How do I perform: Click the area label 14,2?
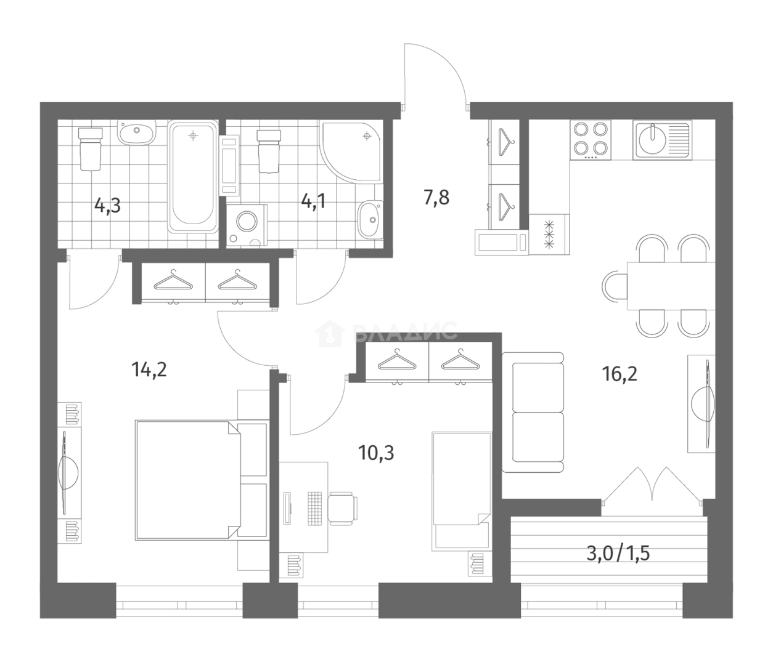(149, 370)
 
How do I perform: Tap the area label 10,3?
(376, 453)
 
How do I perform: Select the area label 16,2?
(620, 373)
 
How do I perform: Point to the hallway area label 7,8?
(436, 198)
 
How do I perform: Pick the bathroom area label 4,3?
(107, 204)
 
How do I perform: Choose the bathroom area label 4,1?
(313, 201)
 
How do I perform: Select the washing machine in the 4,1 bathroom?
(247, 225)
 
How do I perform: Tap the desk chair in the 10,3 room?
(342, 507)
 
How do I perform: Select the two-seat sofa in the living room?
(533, 411)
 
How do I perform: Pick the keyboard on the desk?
(315, 508)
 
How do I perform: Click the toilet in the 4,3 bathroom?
(89, 148)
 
